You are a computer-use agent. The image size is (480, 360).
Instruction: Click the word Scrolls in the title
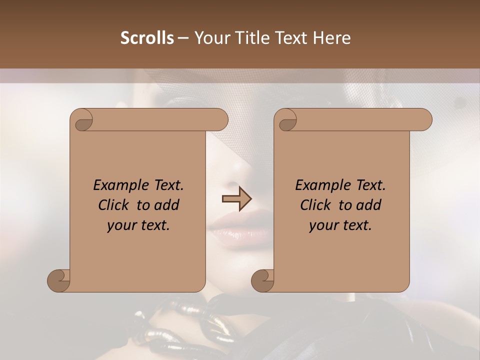147,38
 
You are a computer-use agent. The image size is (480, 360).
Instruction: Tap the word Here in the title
332,38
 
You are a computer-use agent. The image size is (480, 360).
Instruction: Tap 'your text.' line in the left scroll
138,225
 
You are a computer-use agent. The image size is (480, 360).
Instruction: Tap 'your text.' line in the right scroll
340,225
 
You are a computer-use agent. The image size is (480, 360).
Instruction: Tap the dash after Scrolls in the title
183,38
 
